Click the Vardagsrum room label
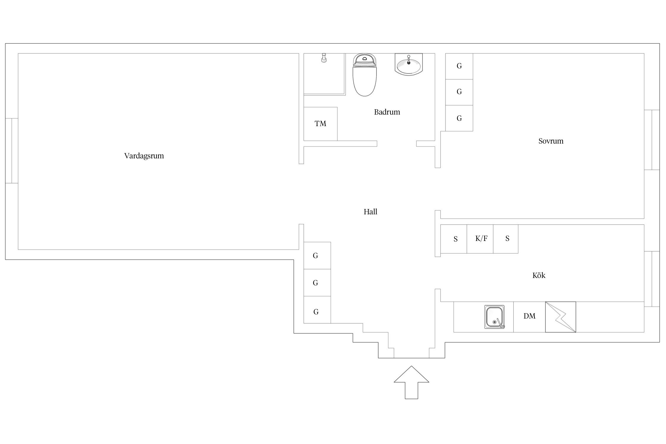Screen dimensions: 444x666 point(144,156)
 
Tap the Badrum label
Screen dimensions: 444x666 point(387,112)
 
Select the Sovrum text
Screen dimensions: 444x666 point(551,141)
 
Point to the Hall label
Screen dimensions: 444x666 point(370,212)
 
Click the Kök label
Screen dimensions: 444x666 point(539,275)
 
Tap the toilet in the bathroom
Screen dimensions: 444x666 point(365,75)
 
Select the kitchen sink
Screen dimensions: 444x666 point(494,317)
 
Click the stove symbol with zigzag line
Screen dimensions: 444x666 point(560,317)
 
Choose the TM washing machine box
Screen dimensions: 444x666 point(321,124)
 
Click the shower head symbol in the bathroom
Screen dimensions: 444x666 point(324,58)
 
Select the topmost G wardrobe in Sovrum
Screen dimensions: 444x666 point(459,66)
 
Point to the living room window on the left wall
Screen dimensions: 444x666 point(12,151)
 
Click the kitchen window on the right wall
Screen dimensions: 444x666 point(652,279)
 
